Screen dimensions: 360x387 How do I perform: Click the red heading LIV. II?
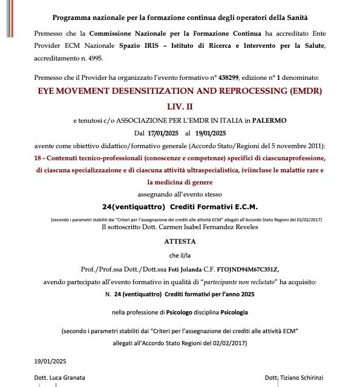tap(180, 106)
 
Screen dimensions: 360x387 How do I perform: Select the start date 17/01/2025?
tap(162, 133)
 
